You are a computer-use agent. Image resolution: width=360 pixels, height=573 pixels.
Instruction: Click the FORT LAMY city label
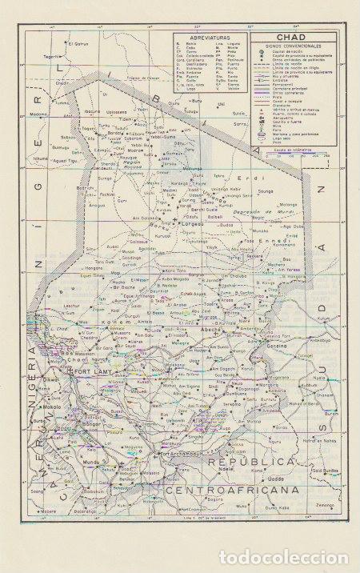point(90,372)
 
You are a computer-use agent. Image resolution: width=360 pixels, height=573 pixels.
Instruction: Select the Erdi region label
point(254,177)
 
